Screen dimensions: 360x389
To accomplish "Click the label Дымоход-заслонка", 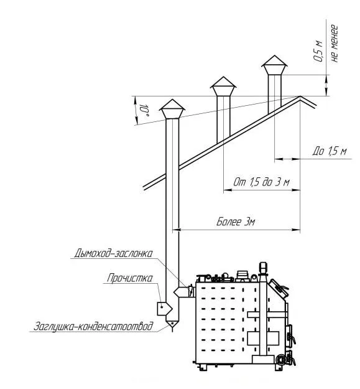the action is click(x=114, y=253).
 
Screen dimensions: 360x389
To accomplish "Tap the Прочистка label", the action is click(x=129, y=278).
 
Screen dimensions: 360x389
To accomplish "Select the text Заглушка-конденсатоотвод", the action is click(x=93, y=326).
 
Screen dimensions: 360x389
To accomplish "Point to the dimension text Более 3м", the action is click(x=236, y=222).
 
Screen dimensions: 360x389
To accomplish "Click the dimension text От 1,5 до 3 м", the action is click(x=261, y=182).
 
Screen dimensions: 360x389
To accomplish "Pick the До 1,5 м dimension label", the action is click(x=330, y=151).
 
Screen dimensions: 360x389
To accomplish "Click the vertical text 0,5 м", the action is click(x=318, y=51).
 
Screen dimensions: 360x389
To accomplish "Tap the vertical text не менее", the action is click(x=335, y=44).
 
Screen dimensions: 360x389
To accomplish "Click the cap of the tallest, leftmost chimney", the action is click(x=172, y=109).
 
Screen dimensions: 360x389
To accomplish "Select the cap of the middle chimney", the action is click(x=223, y=86).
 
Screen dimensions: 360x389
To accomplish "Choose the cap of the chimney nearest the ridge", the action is click(x=274, y=65).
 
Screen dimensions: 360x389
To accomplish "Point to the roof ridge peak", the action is click(x=300, y=96).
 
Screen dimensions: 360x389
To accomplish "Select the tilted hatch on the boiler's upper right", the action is click(x=279, y=288).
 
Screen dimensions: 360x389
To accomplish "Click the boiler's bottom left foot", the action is click(x=203, y=367).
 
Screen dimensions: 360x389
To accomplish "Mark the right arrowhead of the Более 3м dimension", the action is click(x=297, y=230).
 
